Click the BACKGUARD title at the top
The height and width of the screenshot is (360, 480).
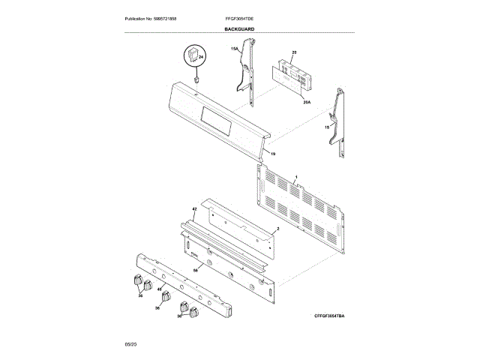239,28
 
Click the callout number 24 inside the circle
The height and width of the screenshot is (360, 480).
201,57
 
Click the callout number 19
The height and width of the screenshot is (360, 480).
273,154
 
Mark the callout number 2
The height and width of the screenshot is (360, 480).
277,227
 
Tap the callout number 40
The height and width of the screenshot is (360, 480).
160,288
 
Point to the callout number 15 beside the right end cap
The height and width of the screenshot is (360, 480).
327,127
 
